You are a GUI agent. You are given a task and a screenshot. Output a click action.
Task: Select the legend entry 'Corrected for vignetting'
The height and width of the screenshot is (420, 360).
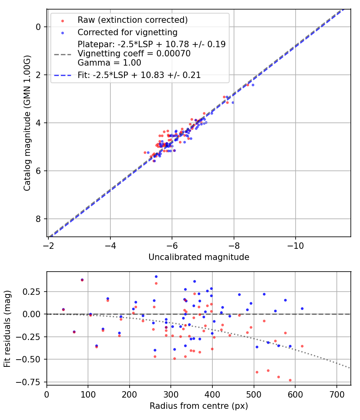128,32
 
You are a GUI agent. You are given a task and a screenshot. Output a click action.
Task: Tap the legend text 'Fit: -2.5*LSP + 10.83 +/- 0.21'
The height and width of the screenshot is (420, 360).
139,75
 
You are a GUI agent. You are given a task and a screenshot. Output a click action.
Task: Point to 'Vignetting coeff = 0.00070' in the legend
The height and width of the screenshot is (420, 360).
134,53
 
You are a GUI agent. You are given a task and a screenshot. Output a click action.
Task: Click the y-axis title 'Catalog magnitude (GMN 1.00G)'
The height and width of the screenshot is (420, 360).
27,123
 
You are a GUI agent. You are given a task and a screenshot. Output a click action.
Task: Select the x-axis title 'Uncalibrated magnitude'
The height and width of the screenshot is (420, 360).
199,257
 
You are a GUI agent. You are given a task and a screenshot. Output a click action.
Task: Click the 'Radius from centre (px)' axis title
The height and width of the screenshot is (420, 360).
199,406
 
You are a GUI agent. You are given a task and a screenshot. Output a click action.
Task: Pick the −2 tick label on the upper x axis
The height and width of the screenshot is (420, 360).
48,244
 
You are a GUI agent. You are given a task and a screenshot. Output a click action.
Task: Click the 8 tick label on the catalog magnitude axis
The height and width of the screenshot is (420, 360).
39,219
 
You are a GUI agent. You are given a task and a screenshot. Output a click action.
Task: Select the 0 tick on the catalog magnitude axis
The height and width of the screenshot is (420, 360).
39,27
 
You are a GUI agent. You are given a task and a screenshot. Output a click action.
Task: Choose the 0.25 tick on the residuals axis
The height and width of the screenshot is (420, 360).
34,292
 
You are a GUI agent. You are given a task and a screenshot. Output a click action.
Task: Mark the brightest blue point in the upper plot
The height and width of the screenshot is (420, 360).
252,85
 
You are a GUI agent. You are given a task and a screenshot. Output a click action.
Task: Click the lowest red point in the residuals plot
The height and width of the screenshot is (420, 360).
290,380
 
